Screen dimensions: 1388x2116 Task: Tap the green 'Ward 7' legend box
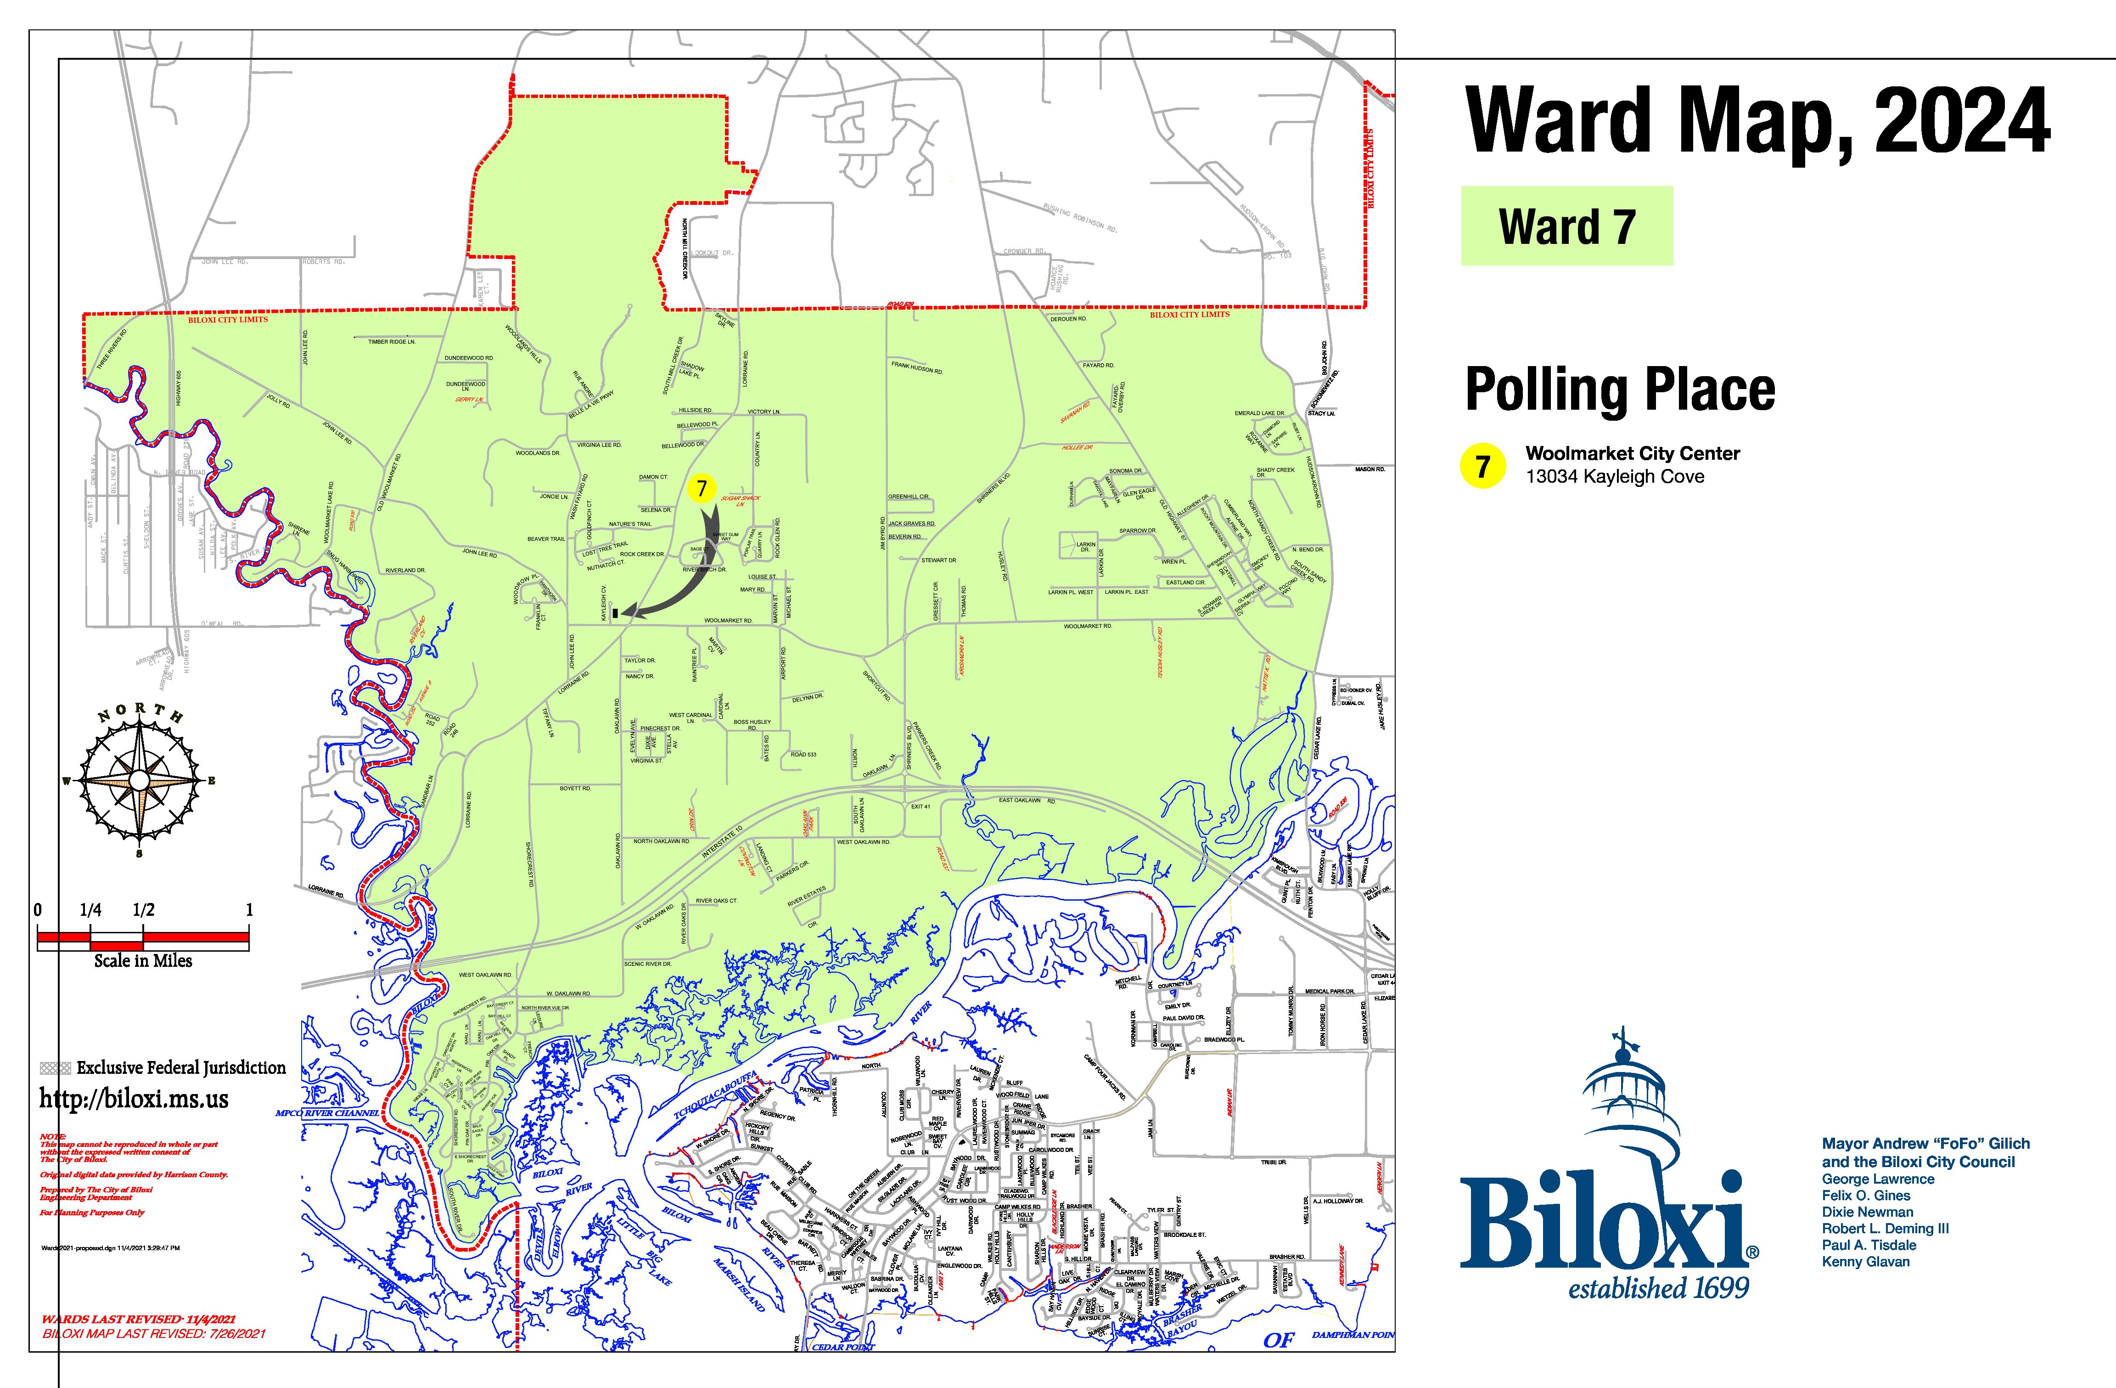(1566, 226)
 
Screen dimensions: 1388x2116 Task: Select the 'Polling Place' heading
(1620, 389)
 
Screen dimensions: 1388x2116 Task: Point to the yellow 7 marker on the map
(702, 487)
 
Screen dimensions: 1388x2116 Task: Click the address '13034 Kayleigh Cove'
(1615, 477)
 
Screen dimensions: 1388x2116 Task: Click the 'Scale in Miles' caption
(143, 960)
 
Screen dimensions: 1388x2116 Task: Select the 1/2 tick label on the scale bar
(143, 909)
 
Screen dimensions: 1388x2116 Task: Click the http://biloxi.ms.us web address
(133, 1099)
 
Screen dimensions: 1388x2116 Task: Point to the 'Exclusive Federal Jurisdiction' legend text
(180, 1067)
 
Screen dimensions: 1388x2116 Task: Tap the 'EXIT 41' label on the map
(920, 807)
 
